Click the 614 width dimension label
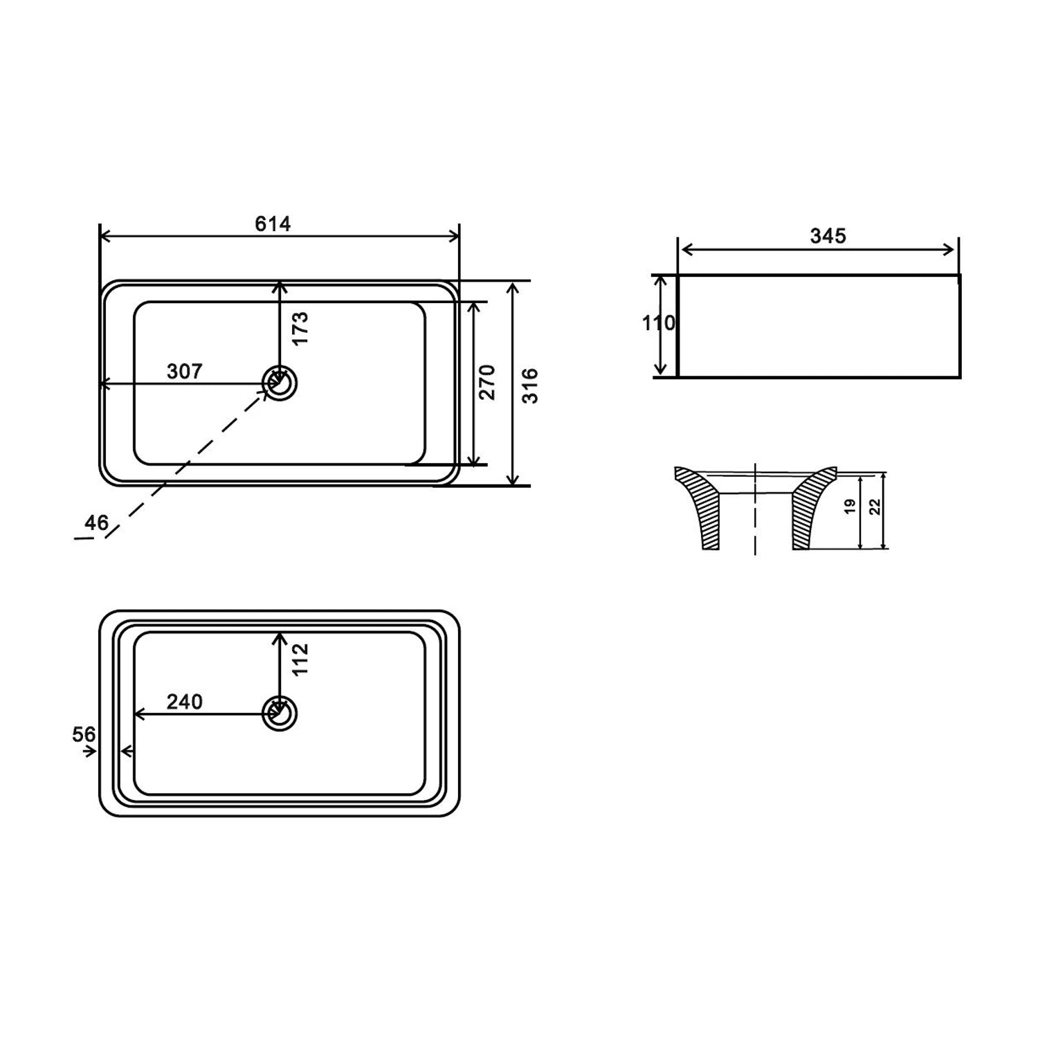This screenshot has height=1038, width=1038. point(273,224)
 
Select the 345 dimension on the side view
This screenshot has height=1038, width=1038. point(828,237)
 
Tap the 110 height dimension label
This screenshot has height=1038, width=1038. point(658,323)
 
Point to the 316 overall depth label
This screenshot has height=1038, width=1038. point(530,385)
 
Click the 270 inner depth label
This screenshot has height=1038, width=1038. point(487,381)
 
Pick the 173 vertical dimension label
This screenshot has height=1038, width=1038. point(300,329)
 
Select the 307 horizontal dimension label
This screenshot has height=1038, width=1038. point(185,372)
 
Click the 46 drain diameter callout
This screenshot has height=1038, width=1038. point(96,522)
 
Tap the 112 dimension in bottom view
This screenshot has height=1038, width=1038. point(299,659)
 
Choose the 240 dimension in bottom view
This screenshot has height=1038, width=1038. point(185,702)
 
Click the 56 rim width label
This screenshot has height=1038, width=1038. point(84,734)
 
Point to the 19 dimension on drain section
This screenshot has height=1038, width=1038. point(850,506)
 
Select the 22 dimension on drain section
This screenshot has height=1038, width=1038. point(875,507)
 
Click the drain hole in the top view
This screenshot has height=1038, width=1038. point(280,383)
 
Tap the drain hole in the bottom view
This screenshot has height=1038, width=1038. point(280,713)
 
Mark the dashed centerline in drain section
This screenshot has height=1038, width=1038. point(755,512)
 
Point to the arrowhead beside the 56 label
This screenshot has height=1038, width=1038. point(90,752)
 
